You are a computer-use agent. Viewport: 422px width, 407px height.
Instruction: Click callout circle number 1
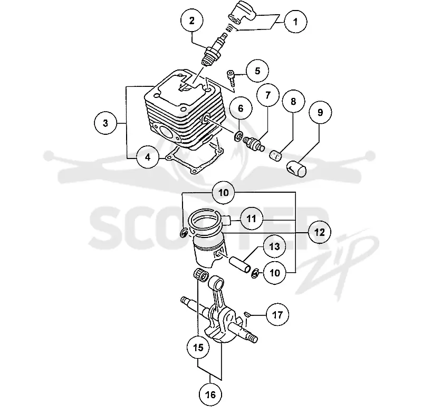295,22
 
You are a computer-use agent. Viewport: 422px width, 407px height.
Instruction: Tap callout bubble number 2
192,21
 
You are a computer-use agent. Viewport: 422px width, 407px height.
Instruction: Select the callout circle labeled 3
105,123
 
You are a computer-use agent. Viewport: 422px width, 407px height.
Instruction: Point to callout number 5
257,71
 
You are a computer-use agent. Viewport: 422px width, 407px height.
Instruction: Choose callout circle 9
320,112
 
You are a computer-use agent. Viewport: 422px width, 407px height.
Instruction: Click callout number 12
320,232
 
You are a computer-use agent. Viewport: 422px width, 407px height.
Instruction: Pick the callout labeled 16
210,395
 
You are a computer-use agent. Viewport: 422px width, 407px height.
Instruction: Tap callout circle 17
277,314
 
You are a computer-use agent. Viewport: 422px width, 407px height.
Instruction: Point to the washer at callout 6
238,136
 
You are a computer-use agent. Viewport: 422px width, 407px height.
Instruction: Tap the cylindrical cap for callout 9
296,168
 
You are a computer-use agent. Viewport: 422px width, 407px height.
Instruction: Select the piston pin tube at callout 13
240,265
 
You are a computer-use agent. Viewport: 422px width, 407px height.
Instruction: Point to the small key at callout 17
248,314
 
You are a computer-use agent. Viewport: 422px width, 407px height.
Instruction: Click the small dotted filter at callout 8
275,155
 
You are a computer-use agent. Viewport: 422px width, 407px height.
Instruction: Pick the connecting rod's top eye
217,282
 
